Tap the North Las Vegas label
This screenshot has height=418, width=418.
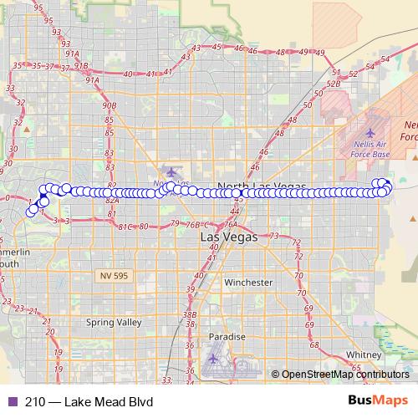[x=260, y=185]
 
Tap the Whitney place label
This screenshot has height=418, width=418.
[x=364, y=354]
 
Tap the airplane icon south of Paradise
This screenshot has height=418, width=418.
[x=215, y=358]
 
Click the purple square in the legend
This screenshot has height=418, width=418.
[x=11, y=402]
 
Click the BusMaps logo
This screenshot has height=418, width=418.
[x=379, y=401]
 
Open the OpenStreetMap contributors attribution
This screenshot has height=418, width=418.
[x=344, y=375]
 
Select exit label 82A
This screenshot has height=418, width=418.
[x=112, y=201]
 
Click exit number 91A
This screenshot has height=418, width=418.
[x=91, y=79]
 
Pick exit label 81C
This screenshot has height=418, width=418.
[x=126, y=227]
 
